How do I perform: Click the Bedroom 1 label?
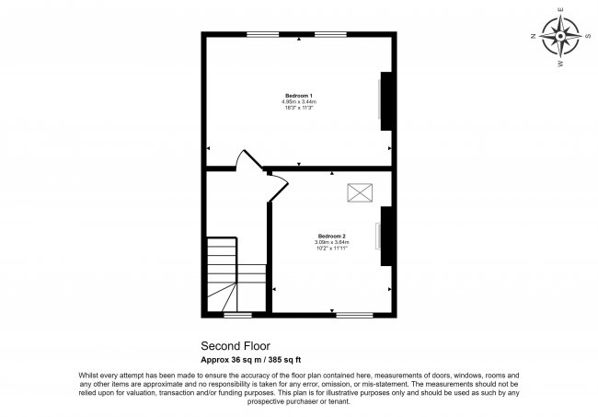pyautogui.click(x=298, y=96)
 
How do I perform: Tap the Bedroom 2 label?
pyautogui.click(x=331, y=237)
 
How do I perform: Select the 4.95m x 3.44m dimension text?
pyautogui.click(x=298, y=101)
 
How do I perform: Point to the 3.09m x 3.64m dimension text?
pyautogui.click(x=331, y=242)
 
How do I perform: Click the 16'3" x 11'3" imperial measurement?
pyautogui.click(x=298, y=108)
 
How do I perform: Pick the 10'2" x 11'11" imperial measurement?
pyautogui.click(x=331, y=249)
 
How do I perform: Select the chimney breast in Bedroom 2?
pyautogui.click(x=387, y=236)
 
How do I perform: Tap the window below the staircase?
pyautogui.click(x=237, y=315)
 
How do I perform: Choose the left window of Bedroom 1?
pyautogui.click(x=262, y=35)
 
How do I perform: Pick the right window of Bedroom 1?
pyautogui.click(x=331, y=35)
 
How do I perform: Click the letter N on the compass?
pyautogui.click(x=533, y=37)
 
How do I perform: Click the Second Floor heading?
pyautogui.click(x=231, y=347)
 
